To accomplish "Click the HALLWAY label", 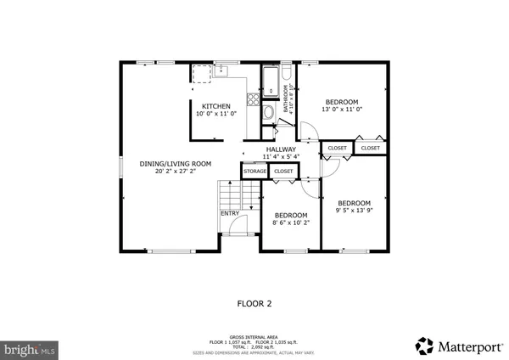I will pos(281,150).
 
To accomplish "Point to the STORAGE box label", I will pos(255,172).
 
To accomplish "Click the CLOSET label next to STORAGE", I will pos(283,172).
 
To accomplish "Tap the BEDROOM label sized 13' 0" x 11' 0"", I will pos(342,102).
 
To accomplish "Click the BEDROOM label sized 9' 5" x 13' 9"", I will pos(354,203).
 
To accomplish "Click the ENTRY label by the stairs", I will pos(230,213).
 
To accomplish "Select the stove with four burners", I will pos(203,74).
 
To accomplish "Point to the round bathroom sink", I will pos(268,111).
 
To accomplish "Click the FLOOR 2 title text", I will pos(254,302).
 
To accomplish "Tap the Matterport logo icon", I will pos(424,346).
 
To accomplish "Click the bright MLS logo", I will pos(31,349).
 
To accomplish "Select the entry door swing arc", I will pos(238,225).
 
